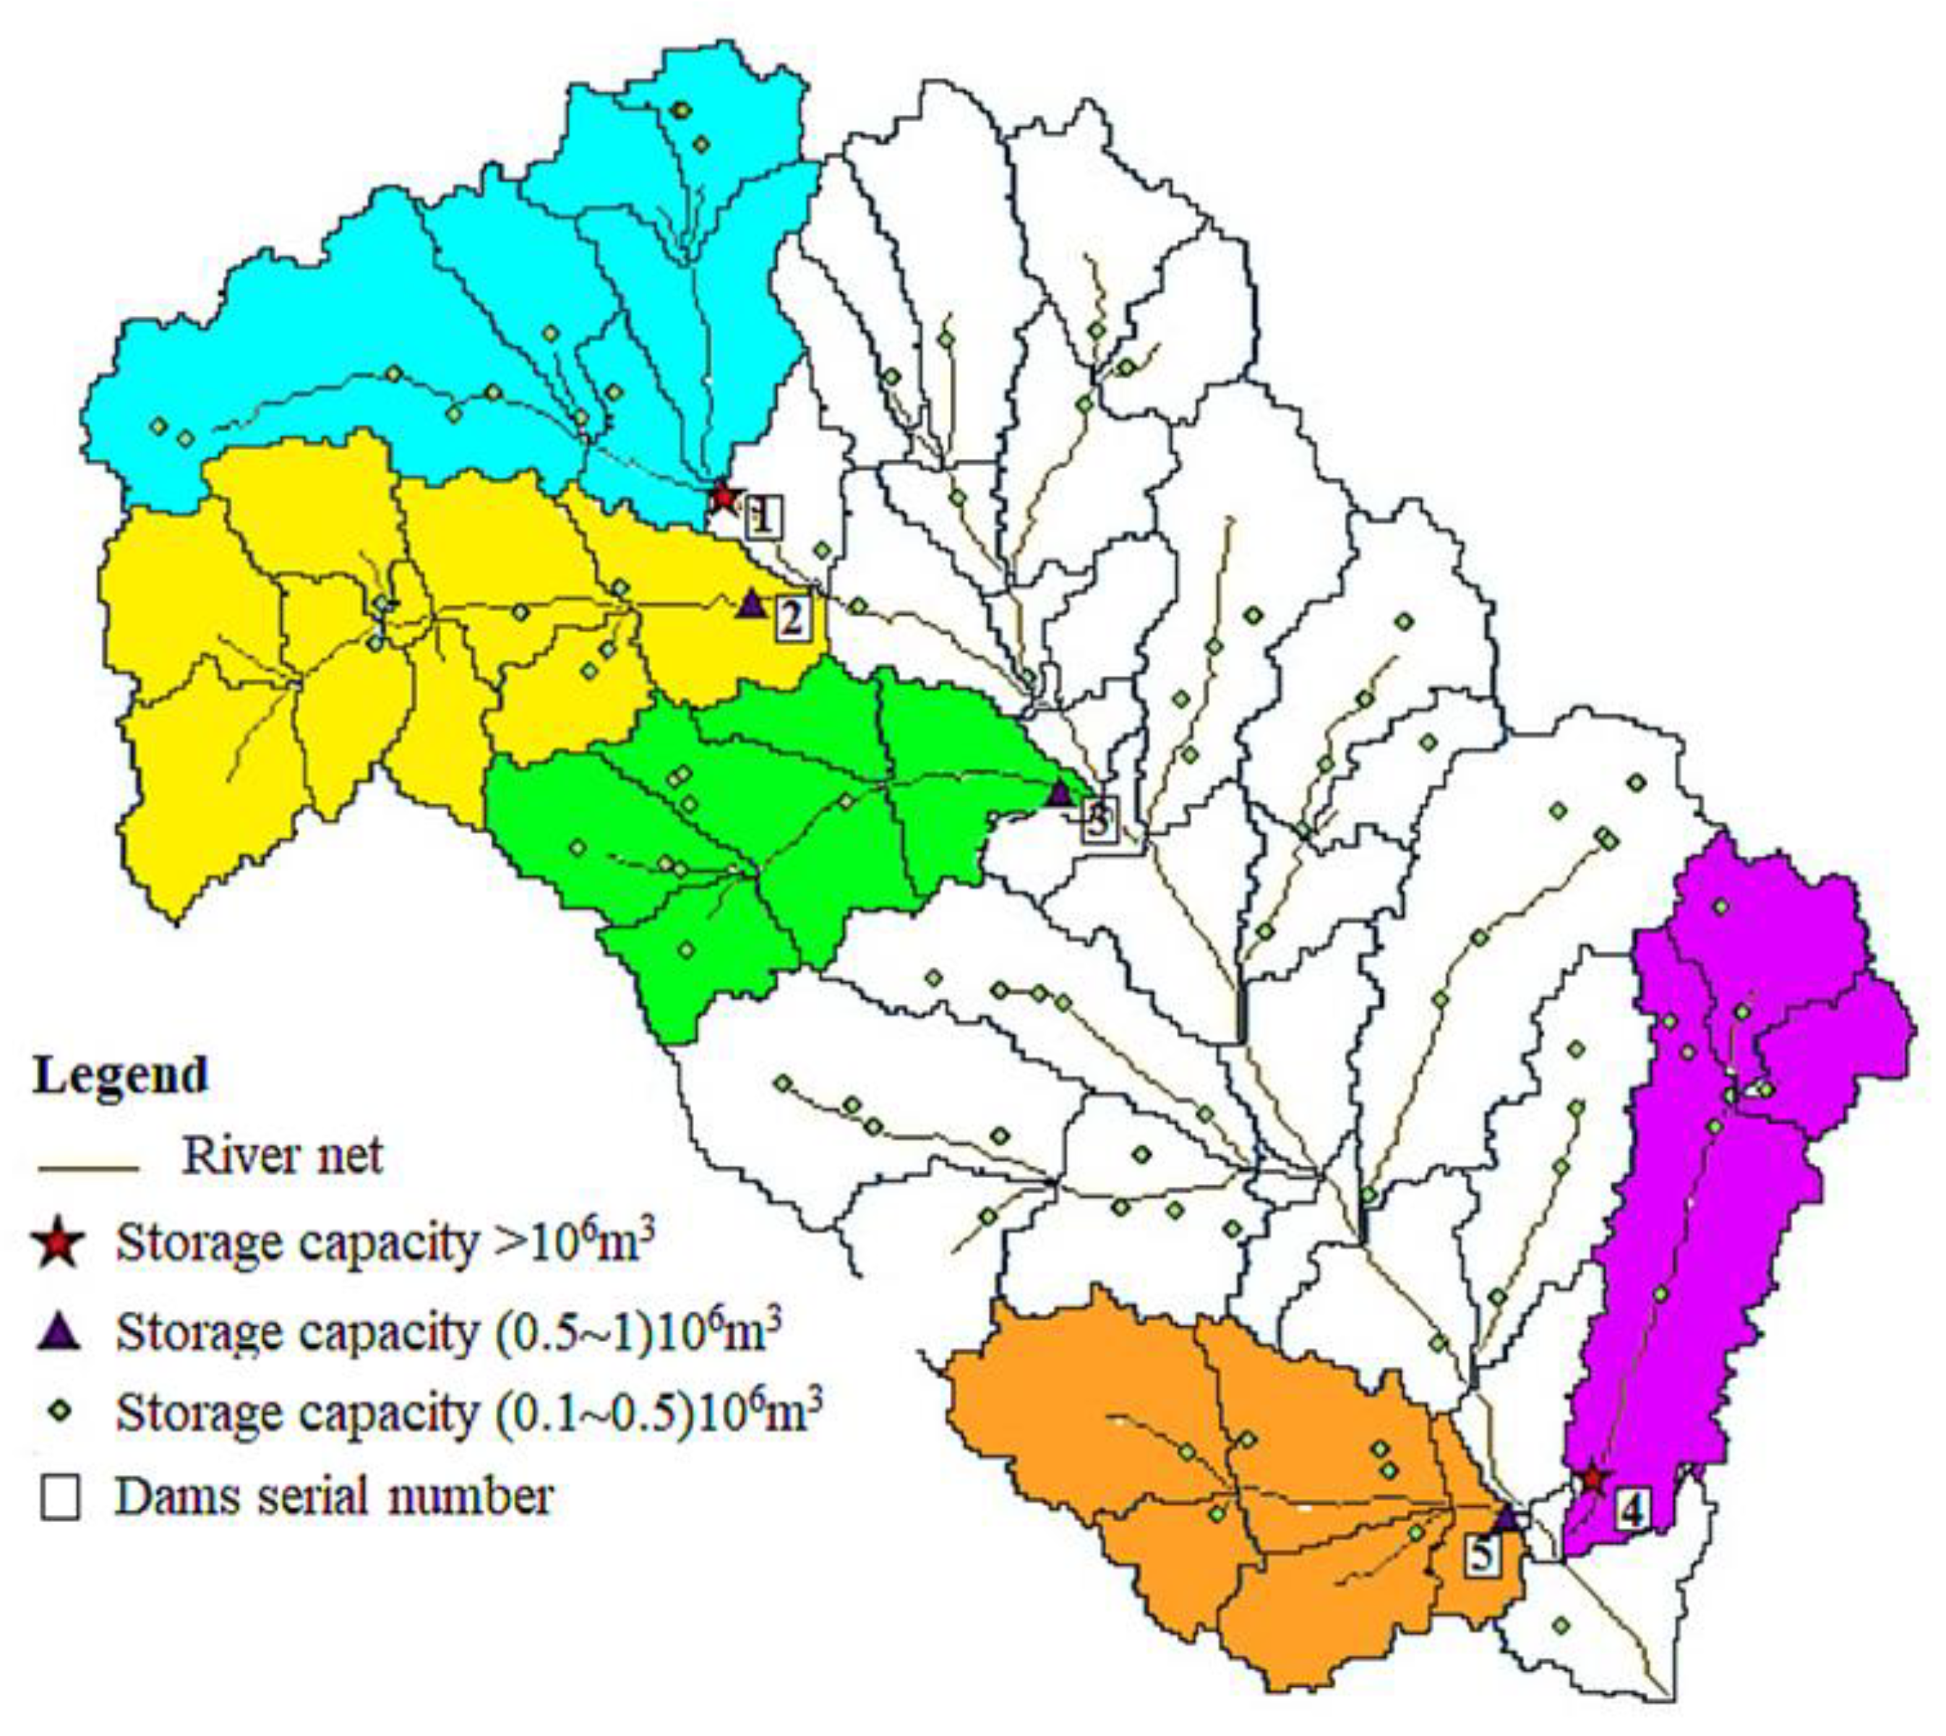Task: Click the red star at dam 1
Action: tap(723, 496)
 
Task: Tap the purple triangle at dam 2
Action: tap(752, 603)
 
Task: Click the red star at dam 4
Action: tap(1591, 1479)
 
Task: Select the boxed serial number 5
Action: tap(1481, 1555)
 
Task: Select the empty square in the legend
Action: tap(59, 1497)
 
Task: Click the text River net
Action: tap(283, 1156)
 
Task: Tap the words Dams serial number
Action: tap(334, 1495)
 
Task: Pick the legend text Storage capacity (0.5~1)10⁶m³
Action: tap(448, 1331)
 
